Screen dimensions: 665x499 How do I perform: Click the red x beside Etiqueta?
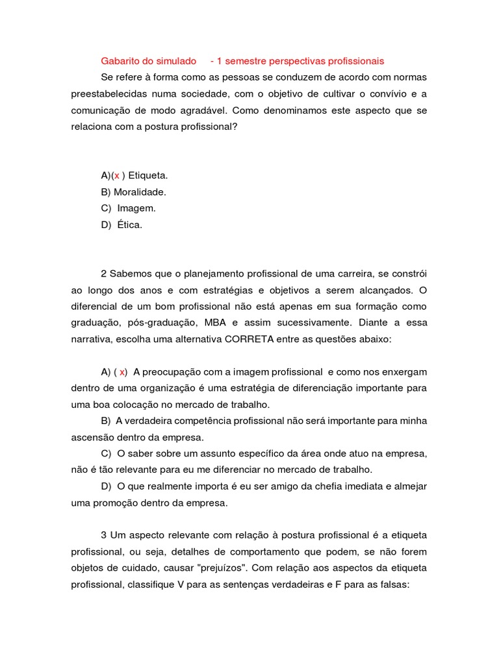point(117,175)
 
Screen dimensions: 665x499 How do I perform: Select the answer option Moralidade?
point(140,192)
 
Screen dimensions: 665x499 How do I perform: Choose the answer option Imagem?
point(136,208)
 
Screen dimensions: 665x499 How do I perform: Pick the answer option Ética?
point(129,225)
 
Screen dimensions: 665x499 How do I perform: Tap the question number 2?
point(103,273)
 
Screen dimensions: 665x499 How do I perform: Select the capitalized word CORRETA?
point(250,339)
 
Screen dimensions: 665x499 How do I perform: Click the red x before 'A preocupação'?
point(122,372)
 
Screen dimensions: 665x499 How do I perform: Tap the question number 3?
point(103,535)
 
